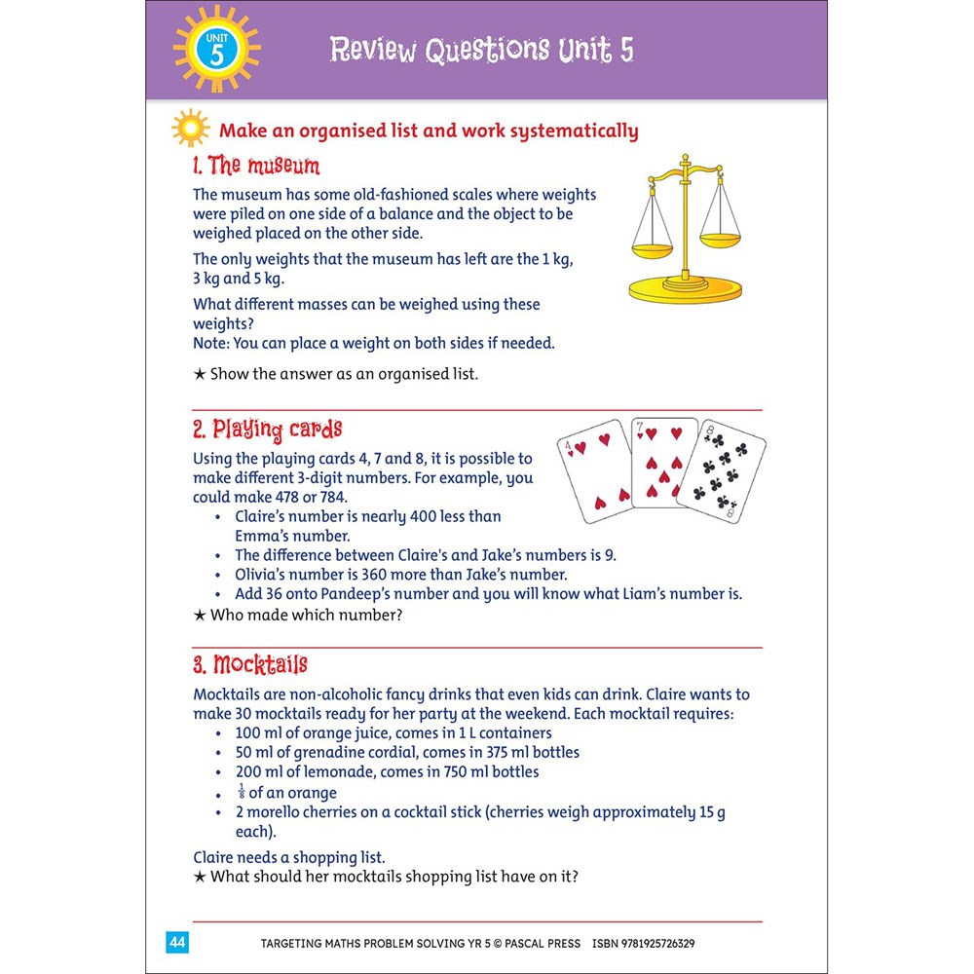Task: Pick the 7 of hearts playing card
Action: coord(665,464)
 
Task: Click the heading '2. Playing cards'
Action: coord(268,429)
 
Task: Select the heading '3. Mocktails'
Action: coord(250,664)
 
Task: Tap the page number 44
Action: coord(177,942)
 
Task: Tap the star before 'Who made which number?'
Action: coord(199,615)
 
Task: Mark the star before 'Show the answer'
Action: coord(199,374)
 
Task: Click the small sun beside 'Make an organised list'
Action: coord(191,130)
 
